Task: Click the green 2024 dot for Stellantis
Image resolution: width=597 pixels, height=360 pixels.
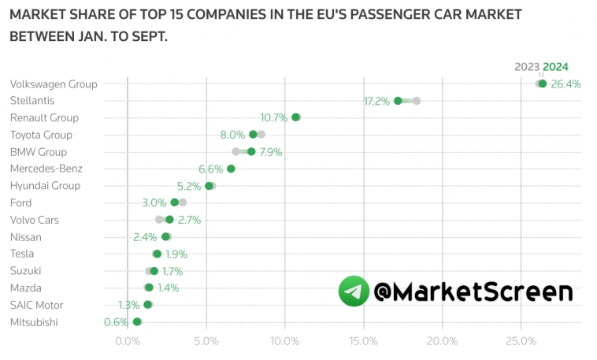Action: (398, 101)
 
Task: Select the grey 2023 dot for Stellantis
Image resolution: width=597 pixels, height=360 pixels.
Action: (417, 101)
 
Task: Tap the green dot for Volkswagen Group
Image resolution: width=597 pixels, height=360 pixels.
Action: (542, 84)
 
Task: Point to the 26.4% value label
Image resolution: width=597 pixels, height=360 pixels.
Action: (565, 84)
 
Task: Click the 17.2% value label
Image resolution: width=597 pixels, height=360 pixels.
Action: (376, 102)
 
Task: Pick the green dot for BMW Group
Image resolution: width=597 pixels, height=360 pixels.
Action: (251, 151)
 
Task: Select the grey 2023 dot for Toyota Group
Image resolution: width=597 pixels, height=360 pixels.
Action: (261, 135)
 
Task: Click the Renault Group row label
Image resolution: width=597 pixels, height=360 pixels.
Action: (44, 118)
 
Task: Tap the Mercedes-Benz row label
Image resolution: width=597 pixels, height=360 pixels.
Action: (46, 169)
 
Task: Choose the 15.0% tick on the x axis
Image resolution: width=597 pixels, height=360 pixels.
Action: (364, 341)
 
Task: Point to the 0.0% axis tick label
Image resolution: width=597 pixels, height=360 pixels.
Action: (128, 341)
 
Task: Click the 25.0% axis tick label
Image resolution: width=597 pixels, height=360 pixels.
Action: (521, 341)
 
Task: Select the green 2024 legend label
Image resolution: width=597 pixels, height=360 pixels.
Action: (555, 67)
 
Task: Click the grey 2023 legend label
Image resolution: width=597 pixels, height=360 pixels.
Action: (527, 67)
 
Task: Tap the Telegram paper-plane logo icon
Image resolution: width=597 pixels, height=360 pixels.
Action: (354, 291)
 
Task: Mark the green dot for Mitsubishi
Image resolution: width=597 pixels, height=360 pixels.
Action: (137, 321)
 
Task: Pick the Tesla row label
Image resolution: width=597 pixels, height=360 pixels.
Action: (22, 254)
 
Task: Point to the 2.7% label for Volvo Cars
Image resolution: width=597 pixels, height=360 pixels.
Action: (190, 220)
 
